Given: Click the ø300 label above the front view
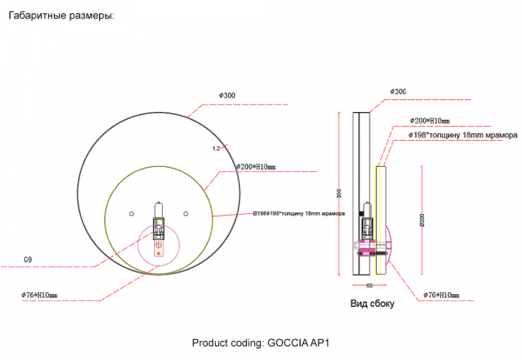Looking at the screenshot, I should tap(228, 95).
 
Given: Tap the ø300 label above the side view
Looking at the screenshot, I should tap(398, 91).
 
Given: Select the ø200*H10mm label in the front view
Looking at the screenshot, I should tap(255, 166).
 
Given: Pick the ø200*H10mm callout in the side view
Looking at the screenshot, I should tap(428, 121).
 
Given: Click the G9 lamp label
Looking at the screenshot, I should tap(30, 259).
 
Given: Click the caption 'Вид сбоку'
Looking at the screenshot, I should tap(372, 304).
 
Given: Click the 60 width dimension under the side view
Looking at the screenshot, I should tap(369, 284).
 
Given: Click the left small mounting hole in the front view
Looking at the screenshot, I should tap(130, 212).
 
